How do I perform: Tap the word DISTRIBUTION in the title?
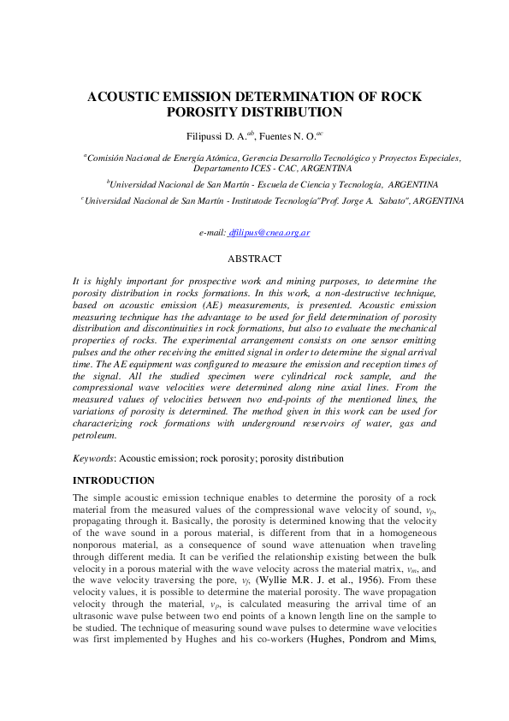(290, 112)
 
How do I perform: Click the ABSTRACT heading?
(254, 258)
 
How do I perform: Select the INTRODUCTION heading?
(114, 480)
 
